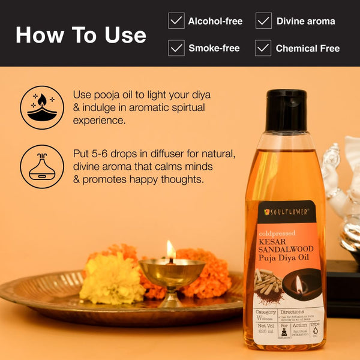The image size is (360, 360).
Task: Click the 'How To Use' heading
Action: [x=81, y=35]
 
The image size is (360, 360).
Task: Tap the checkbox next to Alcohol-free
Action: [x=176, y=22]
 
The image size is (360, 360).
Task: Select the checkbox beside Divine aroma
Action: [x=263, y=22]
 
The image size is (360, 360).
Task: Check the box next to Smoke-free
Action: [x=176, y=48]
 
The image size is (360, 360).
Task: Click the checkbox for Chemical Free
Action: [x=263, y=48]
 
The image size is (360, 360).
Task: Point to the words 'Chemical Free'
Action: [x=308, y=48]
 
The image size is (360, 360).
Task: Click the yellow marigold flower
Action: [x=112, y=278]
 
